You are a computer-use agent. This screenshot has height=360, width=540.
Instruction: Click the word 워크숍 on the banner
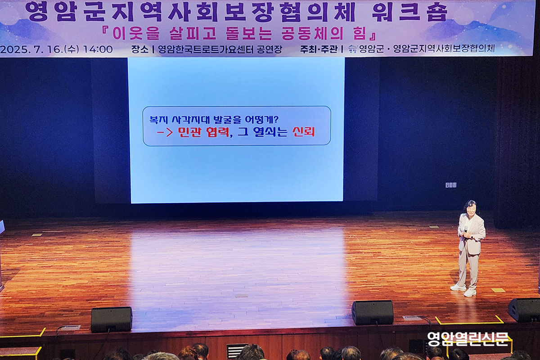pyautogui.click(x=409, y=12)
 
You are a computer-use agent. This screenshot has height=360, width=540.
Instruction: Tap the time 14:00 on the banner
pyautogui.click(x=98, y=49)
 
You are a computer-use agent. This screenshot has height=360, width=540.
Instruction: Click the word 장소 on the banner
pyautogui.click(x=139, y=49)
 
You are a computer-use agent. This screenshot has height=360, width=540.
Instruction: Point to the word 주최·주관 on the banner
pyautogui.click(x=319, y=49)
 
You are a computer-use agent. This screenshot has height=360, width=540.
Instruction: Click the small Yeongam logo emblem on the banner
pyautogui.click(x=352, y=49)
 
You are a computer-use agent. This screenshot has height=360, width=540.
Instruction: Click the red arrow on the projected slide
pyautogui.click(x=165, y=132)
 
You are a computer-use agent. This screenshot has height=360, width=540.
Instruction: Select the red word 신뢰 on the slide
pyautogui.click(x=303, y=132)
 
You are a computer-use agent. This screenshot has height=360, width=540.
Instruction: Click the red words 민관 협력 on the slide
pyautogui.click(x=203, y=132)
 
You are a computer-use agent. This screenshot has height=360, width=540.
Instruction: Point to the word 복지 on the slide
pyautogui.click(x=157, y=120)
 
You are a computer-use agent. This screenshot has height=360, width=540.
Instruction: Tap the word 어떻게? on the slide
pyautogui.click(x=262, y=119)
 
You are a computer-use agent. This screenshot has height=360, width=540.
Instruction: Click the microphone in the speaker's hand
pyautogui.click(x=465, y=230)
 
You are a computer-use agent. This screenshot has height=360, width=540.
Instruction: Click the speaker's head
pyautogui.click(x=470, y=208)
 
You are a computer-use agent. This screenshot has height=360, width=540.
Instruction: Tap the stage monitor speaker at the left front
pyautogui.click(x=112, y=319)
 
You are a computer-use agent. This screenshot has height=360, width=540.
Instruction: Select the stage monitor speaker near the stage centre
pyautogui.click(x=373, y=312)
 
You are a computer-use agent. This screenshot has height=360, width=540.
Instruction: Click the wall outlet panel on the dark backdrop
pyautogui.click(x=450, y=185)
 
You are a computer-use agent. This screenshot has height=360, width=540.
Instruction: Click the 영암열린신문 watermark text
pyautogui.click(x=468, y=339)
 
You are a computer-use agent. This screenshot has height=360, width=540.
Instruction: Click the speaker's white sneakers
pyautogui.click(x=463, y=291)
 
